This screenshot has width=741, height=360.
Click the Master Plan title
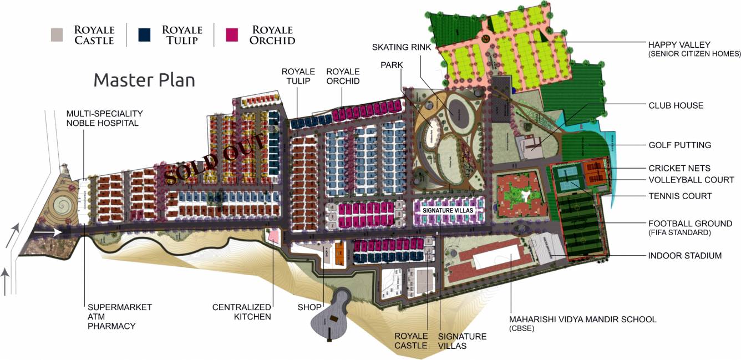pos(144,80)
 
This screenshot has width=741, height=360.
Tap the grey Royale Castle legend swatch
pos(56,34)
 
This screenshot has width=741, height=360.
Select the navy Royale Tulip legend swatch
pos(145,34)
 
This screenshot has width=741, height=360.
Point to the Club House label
pos(676,105)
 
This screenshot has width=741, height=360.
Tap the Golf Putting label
pos(679,145)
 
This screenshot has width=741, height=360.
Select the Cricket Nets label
pos(679,168)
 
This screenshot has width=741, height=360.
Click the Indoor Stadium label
pos(684,256)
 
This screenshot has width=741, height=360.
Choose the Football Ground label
pos(690,224)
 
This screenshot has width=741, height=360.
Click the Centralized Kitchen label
pos(242,312)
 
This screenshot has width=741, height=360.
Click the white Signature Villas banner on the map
pos(446,211)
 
